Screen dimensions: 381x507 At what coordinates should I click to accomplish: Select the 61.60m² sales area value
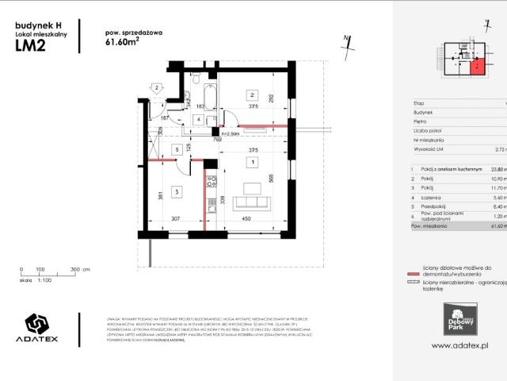coord(120,44)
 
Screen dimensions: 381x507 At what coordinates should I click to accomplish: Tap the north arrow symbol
coord(346,42)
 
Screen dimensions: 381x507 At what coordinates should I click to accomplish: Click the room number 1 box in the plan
coord(252,162)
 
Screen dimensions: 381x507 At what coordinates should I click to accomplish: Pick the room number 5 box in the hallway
coord(176,149)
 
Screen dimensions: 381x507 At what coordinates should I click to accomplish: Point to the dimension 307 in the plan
coord(177,242)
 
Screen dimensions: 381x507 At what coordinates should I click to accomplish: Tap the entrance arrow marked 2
coord(157,88)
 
